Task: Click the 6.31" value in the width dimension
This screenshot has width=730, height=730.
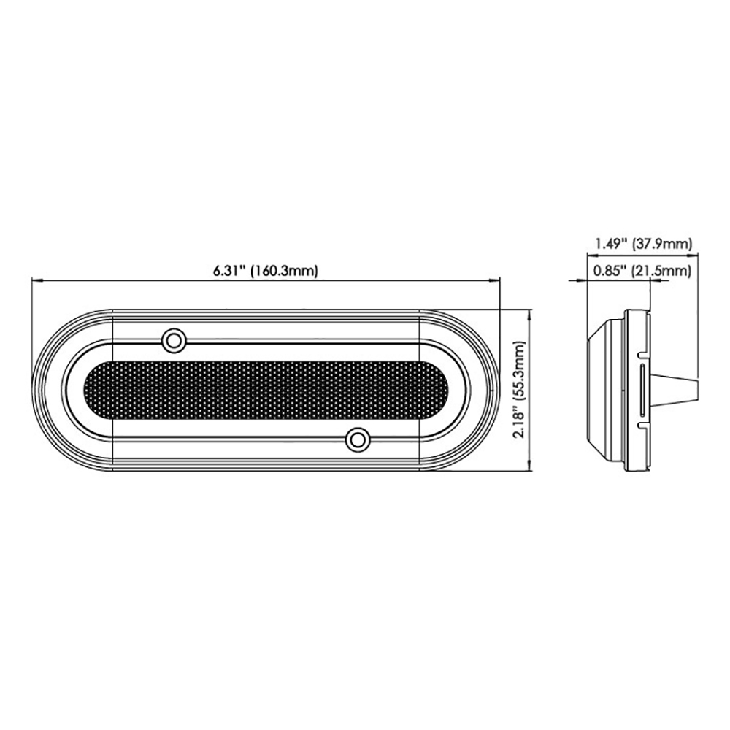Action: tap(229, 271)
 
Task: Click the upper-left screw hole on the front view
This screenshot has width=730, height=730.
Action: tap(173, 339)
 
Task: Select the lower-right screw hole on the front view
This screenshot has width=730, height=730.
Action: tap(357, 439)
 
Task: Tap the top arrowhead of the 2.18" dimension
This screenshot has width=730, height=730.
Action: tap(529, 312)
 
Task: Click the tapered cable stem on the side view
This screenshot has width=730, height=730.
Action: tap(679, 391)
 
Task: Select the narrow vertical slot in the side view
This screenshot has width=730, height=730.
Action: tap(641, 391)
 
